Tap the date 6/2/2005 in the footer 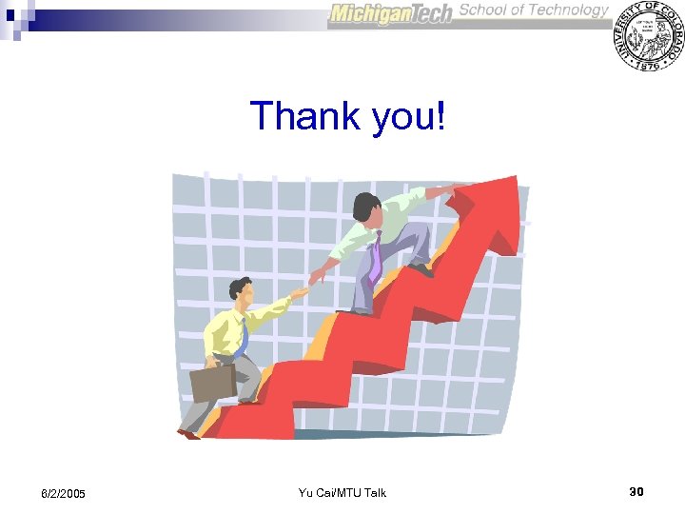pyautogui.click(x=63, y=494)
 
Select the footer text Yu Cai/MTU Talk pyautogui.click(x=342, y=492)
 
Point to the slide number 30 pyautogui.click(x=636, y=491)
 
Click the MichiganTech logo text pyautogui.click(x=390, y=14)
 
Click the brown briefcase pyautogui.click(x=213, y=383)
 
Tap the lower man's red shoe pyautogui.click(x=188, y=434)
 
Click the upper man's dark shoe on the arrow pyautogui.click(x=421, y=270)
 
